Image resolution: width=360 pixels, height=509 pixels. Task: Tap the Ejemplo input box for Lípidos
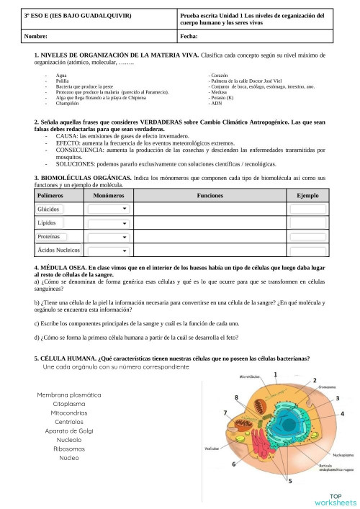(x=308, y=222)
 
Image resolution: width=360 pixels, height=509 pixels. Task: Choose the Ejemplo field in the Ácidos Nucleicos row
(x=308, y=250)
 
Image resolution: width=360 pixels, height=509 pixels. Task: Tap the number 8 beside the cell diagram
(x=237, y=397)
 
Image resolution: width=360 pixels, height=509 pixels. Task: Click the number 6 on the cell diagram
(x=233, y=465)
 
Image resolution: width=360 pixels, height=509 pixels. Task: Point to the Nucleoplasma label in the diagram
(x=322, y=454)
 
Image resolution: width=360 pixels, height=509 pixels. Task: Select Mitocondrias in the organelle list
(x=69, y=414)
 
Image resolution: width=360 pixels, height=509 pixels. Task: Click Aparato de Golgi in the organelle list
(x=69, y=431)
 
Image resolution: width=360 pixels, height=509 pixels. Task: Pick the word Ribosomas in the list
(x=69, y=448)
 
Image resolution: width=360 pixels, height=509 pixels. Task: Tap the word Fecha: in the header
(x=189, y=35)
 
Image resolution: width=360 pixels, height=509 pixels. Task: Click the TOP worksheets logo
(x=335, y=499)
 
